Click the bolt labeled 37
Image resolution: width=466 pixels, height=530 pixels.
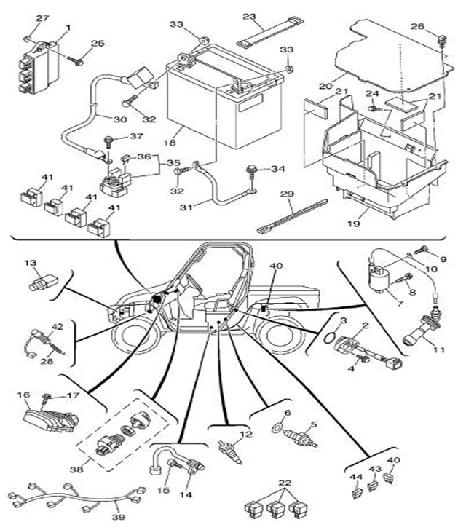coord(108,138)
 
